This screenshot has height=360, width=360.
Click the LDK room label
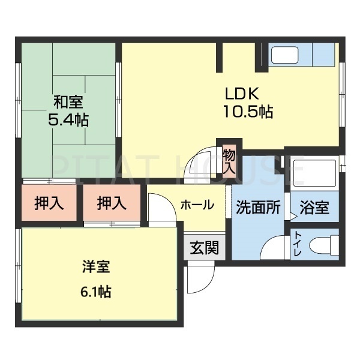click(242, 94)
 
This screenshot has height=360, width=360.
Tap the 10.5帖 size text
click(248, 112)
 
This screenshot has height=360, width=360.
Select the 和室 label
click(67, 102)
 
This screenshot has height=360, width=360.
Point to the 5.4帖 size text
click(67, 119)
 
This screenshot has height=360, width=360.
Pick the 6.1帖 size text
click(96, 292)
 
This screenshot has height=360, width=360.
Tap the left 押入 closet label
click(49, 204)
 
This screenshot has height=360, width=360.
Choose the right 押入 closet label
click(112, 204)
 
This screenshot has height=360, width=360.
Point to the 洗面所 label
click(258, 208)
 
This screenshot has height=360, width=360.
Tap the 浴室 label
click(314, 208)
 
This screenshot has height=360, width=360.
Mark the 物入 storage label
click(229, 160)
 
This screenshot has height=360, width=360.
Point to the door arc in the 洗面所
click(273, 247)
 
